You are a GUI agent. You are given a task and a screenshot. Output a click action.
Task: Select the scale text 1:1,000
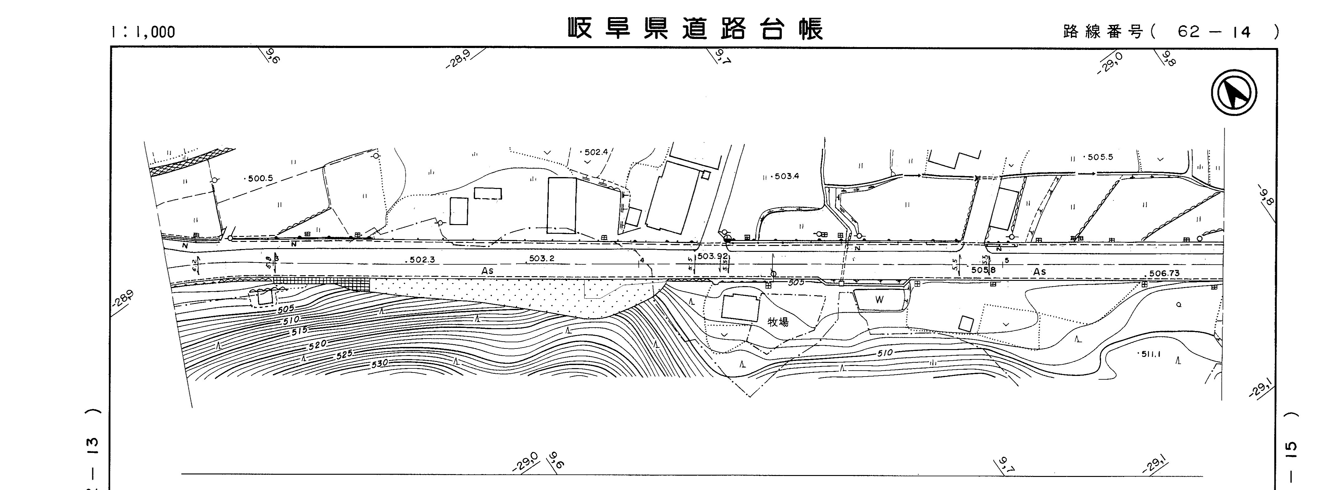pyautogui.click(x=143, y=32)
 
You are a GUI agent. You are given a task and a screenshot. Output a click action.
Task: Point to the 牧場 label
pyautogui.click(x=778, y=322)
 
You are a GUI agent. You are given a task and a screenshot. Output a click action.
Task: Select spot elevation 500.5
pyautogui.click(x=259, y=178)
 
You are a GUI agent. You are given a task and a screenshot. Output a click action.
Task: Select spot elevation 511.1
pyautogui.click(x=1151, y=354)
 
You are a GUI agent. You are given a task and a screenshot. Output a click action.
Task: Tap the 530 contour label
pyautogui.click(x=379, y=363)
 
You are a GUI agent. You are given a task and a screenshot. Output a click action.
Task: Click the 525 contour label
pyautogui.click(x=344, y=354)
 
